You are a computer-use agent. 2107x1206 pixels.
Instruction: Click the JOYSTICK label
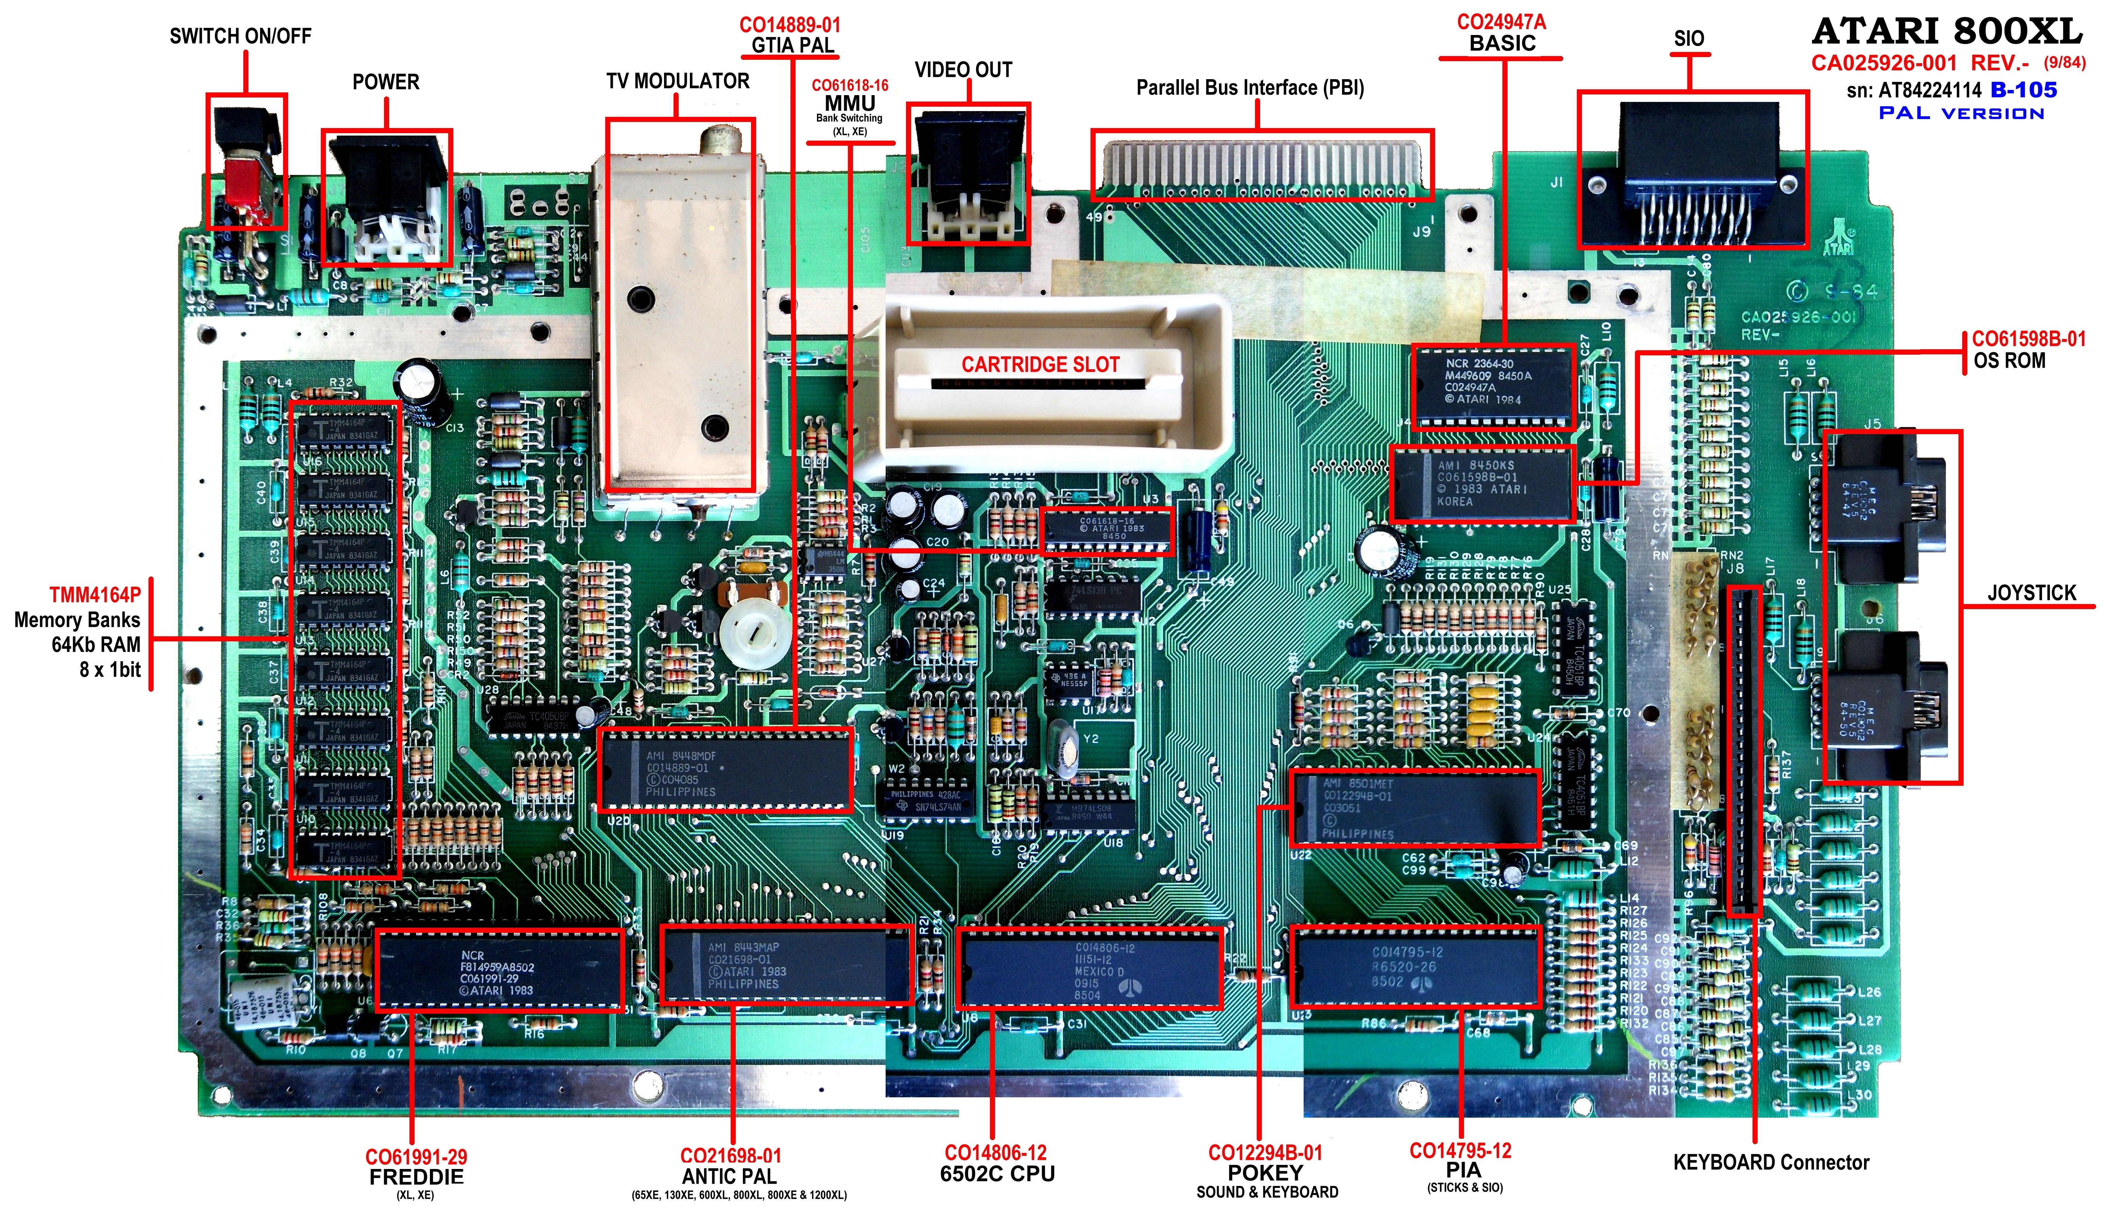(2032, 593)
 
